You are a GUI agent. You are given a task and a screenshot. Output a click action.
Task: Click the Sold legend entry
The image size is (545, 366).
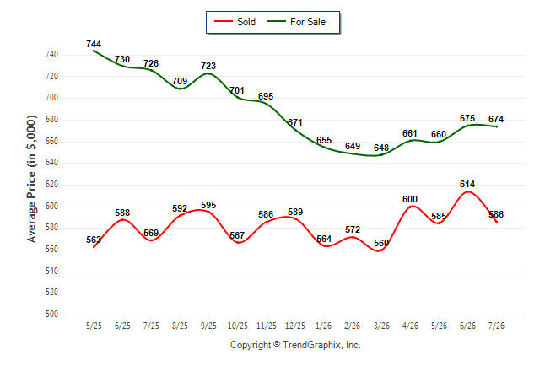click(x=235, y=22)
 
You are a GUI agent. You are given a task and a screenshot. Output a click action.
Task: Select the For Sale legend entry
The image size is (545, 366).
click(x=296, y=22)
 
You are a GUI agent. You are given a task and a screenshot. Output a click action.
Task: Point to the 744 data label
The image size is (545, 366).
click(x=94, y=44)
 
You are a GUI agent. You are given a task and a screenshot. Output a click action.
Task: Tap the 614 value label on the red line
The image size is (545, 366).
click(x=467, y=184)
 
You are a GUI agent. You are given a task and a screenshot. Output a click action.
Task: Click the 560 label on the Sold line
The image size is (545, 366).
click(x=381, y=243)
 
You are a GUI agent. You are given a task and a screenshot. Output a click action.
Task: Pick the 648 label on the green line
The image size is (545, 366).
click(x=381, y=148)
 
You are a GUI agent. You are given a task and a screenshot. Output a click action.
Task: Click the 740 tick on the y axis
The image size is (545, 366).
click(x=51, y=55)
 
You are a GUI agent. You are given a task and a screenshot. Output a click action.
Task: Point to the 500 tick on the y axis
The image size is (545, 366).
click(x=51, y=315)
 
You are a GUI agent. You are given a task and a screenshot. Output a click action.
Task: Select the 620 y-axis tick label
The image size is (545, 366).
click(x=51, y=185)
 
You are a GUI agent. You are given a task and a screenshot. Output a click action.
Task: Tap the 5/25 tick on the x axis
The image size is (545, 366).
click(x=94, y=326)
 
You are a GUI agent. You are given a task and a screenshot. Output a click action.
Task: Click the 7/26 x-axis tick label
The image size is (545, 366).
click(x=496, y=326)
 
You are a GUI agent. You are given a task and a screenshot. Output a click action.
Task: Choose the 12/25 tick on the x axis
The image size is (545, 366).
click(x=295, y=326)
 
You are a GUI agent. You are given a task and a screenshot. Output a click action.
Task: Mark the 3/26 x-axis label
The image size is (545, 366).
click(x=381, y=326)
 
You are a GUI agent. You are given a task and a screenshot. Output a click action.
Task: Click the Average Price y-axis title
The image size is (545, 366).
click(x=31, y=179)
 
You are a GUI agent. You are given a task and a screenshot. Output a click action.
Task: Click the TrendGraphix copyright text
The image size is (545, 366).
click(x=295, y=345)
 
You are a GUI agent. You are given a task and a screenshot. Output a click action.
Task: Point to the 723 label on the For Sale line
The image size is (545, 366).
click(x=208, y=66)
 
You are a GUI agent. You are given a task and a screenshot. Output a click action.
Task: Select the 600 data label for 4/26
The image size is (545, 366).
click(x=410, y=200)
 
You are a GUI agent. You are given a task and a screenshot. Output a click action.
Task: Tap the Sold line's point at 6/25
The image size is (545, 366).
click(x=122, y=219)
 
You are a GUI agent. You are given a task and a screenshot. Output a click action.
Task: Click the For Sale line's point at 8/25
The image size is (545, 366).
click(x=180, y=89)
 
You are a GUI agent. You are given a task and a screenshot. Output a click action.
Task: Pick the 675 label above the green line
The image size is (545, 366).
click(x=467, y=119)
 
